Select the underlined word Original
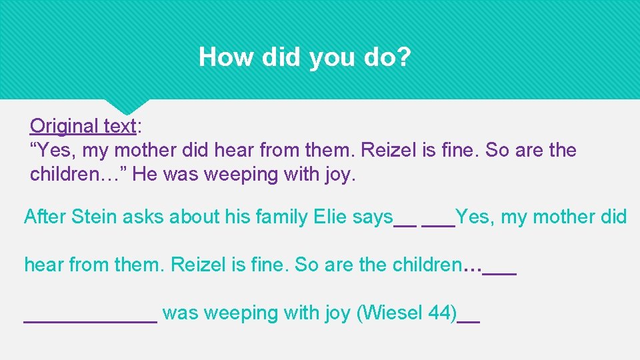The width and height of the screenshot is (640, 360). [64, 126]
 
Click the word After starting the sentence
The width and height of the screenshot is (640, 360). [45, 217]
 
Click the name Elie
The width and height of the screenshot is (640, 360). [313, 217]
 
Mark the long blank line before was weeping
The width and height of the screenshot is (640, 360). [91, 321]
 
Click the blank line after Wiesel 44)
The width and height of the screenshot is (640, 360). [471, 321]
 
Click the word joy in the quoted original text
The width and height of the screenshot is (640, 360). [338, 175]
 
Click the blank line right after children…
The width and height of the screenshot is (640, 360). [499, 273]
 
